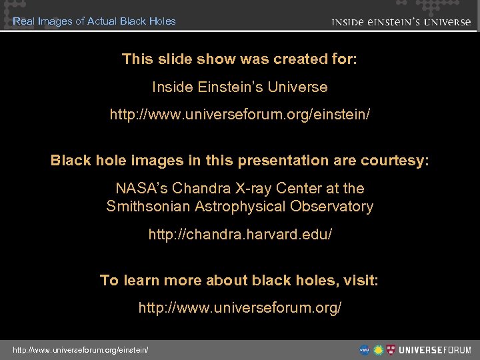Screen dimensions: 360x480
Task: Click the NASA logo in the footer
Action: [x=365, y=349]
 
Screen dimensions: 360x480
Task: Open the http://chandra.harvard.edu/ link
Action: [x=240, y=235]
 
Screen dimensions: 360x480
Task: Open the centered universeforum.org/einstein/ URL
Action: [x=240, y=115]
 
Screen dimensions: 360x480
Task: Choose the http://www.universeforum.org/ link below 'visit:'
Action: [x=240, y=308]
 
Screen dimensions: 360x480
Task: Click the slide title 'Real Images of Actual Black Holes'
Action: [x=94, y=21]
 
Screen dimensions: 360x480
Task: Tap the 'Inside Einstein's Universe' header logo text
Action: [x=401, y=21]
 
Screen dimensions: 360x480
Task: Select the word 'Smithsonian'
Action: [x=149, y=207]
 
